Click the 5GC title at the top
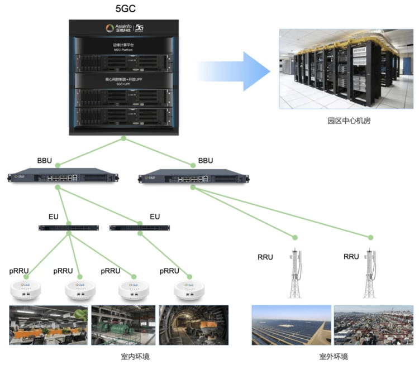point(122,9)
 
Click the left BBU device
point(64,178)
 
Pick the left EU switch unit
point(69,228)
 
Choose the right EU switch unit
point(139,228)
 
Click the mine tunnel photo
point(193,325)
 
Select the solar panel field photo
point(291,325)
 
